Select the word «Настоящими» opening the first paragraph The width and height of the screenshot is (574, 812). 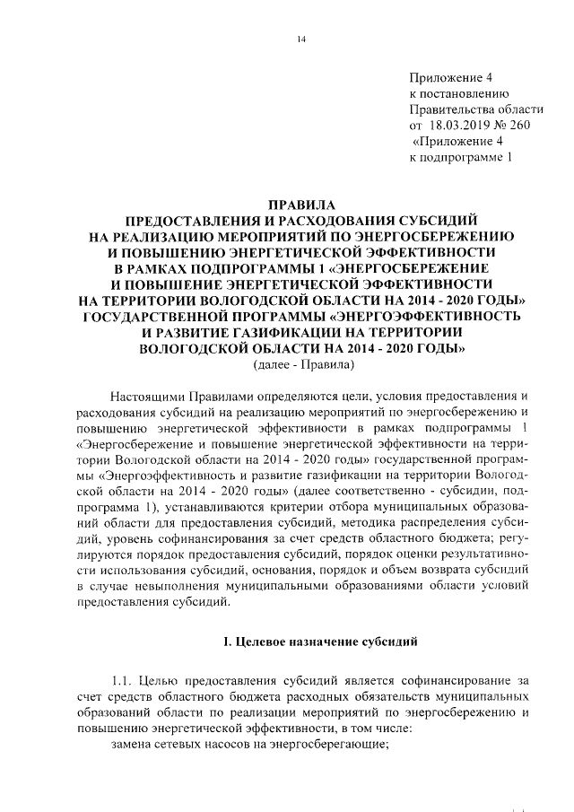[150, 396]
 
